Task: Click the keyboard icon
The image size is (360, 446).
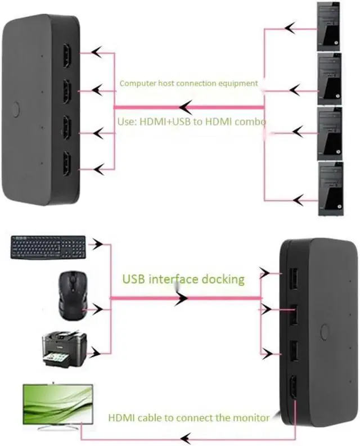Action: pyautogui.click(x=48, y=247)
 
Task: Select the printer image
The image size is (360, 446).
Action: pyautogui.click(x=64, y=348)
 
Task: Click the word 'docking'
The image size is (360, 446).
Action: pyautogui.click(x=223, y=279)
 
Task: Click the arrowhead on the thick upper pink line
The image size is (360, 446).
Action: pyautogui.click(x=186, y=106)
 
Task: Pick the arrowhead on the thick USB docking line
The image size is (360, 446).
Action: pyautogui.click(x=181, y=299)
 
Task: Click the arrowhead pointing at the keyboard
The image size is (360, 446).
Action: pyautogui.click(x=99, y=245)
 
